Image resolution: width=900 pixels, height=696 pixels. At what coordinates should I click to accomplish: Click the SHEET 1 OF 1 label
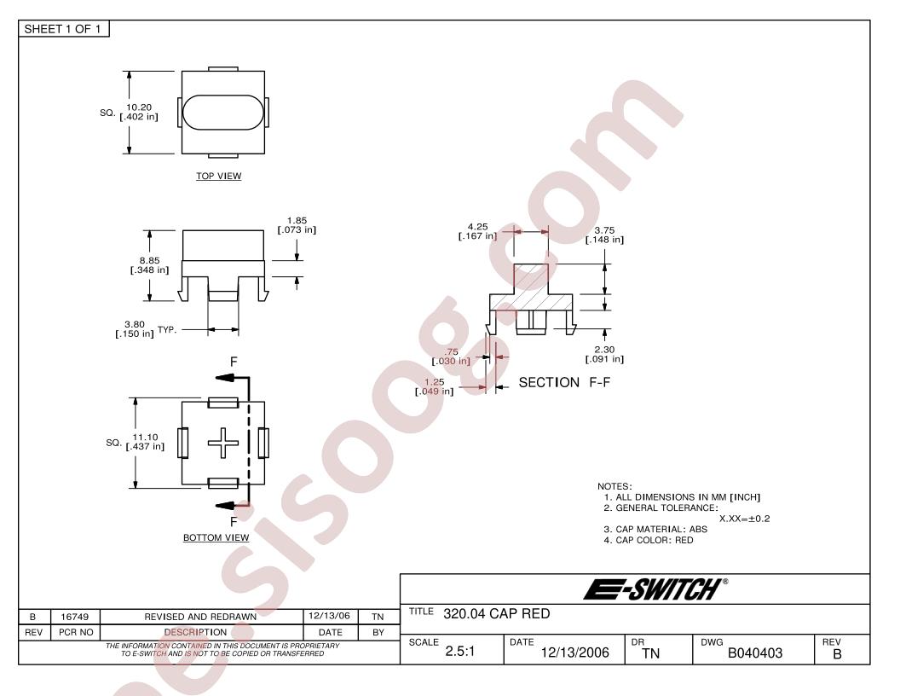click(62, 29)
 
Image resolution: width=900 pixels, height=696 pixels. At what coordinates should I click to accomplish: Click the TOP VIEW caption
click(219, 177)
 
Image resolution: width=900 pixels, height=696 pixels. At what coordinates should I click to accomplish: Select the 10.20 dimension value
click(139, 107)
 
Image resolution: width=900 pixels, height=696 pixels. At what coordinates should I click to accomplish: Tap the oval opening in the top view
click(222, 112)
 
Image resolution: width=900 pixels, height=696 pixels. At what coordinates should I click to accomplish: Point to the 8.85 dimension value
click(149, 261)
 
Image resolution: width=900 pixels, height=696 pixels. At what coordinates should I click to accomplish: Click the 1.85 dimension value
click(297, 221)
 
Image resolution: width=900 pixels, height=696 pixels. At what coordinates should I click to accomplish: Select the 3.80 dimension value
click(135, 324)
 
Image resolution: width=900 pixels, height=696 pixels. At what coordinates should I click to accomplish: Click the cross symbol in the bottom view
click(222, 444)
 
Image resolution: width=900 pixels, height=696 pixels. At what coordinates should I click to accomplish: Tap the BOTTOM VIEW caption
click(216, 538)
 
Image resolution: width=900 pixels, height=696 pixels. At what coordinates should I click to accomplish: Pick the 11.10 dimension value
click(145, 438)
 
